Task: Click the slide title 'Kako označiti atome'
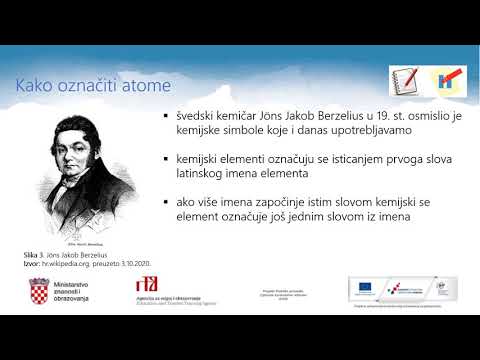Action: click(92, 86)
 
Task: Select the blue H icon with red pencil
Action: click(447, 82)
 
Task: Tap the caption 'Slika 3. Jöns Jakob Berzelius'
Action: click(69, 256)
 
